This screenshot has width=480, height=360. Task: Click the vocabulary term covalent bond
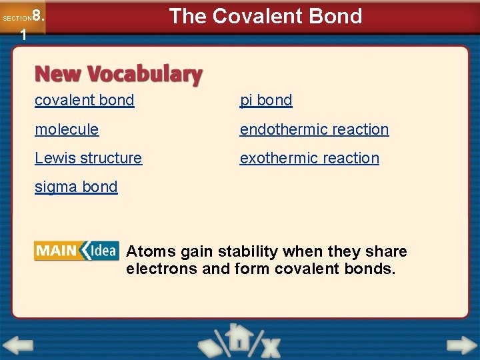pos(85,100)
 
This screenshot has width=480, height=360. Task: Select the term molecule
pos(67,129)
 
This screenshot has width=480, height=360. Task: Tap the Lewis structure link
pos(88,158)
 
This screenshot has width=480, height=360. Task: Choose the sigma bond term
pos(76,187)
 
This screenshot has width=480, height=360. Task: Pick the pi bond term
pos(266,100)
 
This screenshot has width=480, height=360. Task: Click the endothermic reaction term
pos(314,129)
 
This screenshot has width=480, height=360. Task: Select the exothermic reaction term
pos(309,158)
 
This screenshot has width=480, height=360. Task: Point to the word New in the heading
pos(59,74)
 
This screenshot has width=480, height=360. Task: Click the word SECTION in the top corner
pos(17,19)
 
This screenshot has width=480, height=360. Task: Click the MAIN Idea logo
pos(76,251)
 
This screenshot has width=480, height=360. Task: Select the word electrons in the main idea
pos(161,269)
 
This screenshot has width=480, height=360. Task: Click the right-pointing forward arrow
pos(461,346)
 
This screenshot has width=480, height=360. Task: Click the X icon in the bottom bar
pos(270,347)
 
